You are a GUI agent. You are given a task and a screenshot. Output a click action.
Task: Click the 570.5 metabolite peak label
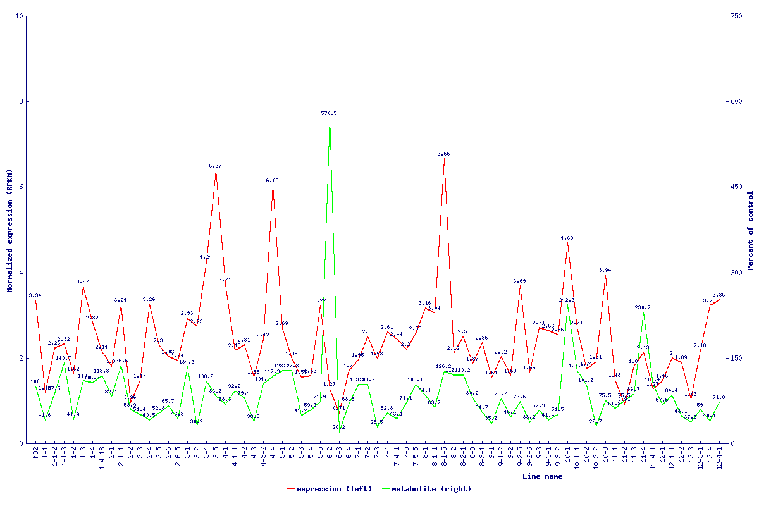pos(329,113)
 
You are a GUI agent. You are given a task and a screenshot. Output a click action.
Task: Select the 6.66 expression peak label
pos(443,154)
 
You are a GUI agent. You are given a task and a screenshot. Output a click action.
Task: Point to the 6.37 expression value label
pos(216,166)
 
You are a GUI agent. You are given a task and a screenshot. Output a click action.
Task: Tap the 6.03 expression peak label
pos(272,180)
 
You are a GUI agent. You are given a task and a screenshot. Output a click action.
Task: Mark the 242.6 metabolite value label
pos(567,300)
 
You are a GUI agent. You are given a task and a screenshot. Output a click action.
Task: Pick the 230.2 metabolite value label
pos(643,308)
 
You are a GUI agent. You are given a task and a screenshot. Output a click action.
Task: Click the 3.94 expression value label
pos(605,270)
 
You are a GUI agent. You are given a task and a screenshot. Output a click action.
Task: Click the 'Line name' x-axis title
pos(542,477)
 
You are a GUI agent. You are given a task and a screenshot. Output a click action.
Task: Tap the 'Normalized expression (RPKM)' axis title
pos(10,231)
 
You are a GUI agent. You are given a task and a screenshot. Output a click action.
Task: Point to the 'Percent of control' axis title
pos(751,231)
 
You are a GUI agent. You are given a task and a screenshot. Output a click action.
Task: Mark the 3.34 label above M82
pos(35,295)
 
